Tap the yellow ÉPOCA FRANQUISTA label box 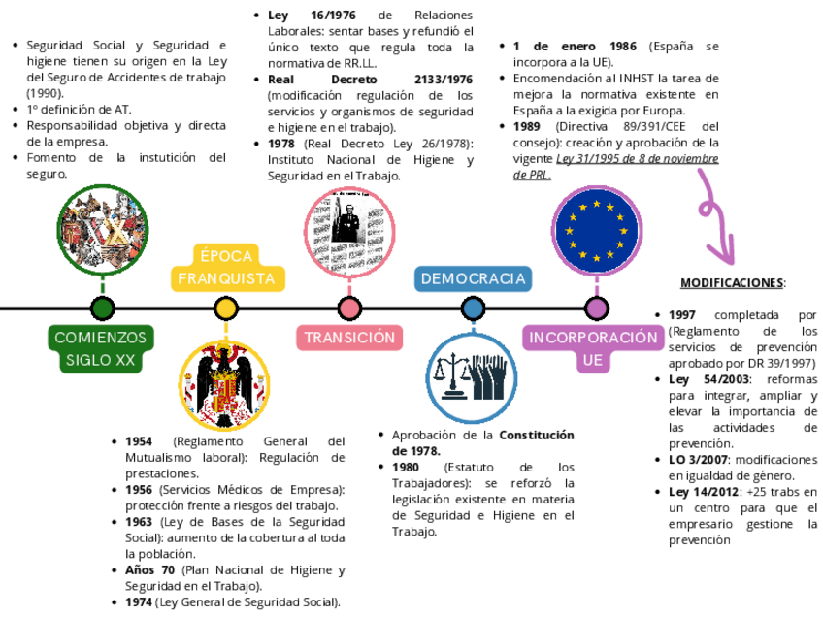coord(226,267)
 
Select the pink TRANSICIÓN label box coord(349,338)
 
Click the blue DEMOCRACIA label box coord(474,278)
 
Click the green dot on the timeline coord(102,308)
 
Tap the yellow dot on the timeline coord(226,308)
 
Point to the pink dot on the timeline coord(349,308)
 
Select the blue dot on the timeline coord(474,308)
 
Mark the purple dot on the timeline coord(597,308)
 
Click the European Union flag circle coord(596,231)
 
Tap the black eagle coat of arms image coord(225,385)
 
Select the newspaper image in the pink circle coord(348,231)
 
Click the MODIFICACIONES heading coord(733,283)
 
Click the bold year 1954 coord(139,441)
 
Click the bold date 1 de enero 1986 coord(575,47)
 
